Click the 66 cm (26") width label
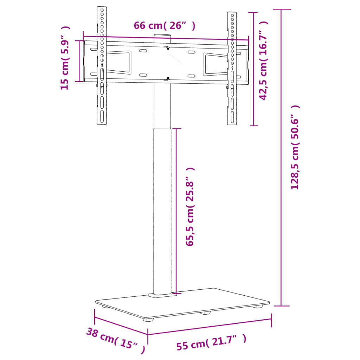(x=164, y=26)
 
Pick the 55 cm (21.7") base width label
(x=211, y=343)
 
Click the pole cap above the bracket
(x=162, y=37)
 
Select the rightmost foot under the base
(x=258, y=307)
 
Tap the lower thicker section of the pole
(x=162, y=211)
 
